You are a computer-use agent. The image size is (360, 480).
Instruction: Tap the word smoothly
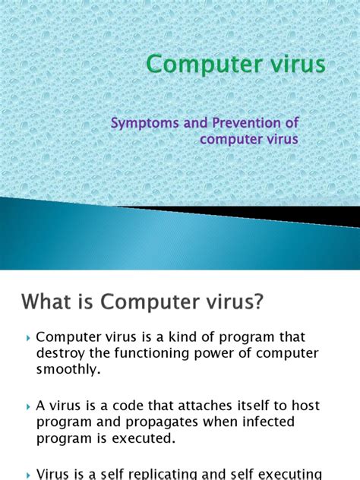coord(67,370)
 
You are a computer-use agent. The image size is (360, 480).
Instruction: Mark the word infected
coord(256,422)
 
